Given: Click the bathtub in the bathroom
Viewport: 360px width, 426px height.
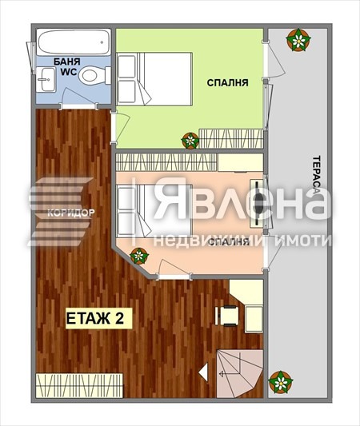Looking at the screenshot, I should click(72, 42).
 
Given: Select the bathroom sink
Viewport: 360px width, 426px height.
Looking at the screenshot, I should click(46, 78).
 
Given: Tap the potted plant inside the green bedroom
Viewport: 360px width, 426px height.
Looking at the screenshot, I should click(190, 141).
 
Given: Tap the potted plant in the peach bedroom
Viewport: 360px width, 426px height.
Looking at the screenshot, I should click(139, 257).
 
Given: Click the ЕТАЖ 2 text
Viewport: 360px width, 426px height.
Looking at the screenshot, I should click(94, 318).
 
